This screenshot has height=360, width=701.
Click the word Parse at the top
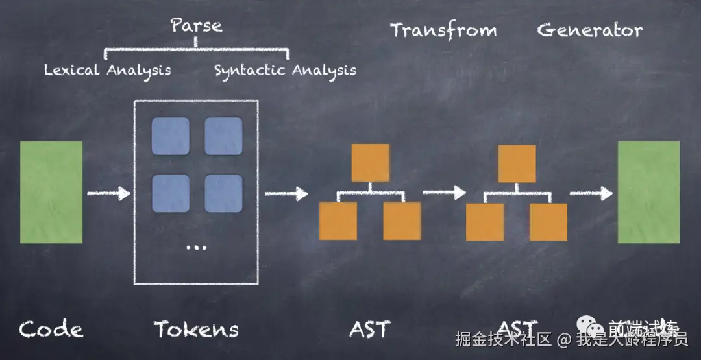point(196,26)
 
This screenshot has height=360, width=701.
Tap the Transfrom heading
point(443,30)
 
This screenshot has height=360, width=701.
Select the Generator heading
point(589,30)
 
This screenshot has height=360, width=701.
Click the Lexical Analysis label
point(107,70)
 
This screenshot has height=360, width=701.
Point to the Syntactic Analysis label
point(285,70)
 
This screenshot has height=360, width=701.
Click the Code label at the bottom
point(51,329)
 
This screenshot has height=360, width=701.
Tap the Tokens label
point(196,329)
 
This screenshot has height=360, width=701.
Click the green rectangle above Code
point(51,192)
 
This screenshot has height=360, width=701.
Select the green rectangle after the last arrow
point(648,192)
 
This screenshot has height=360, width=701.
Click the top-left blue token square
point(171,136)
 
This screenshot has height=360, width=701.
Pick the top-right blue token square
point(223,136)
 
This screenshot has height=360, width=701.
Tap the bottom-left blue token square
point(171,194)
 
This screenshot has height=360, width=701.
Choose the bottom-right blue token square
point(223,194)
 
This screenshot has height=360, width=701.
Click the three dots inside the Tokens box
point(196,247)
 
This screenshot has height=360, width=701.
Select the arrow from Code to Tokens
point(108,193)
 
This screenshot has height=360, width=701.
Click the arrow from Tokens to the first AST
point(286,193)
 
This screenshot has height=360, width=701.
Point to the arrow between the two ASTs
point(445,192)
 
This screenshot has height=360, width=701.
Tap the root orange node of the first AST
point(371,163)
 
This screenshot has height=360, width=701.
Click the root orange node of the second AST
point(517,163)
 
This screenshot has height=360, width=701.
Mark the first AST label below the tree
point(370,329)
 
